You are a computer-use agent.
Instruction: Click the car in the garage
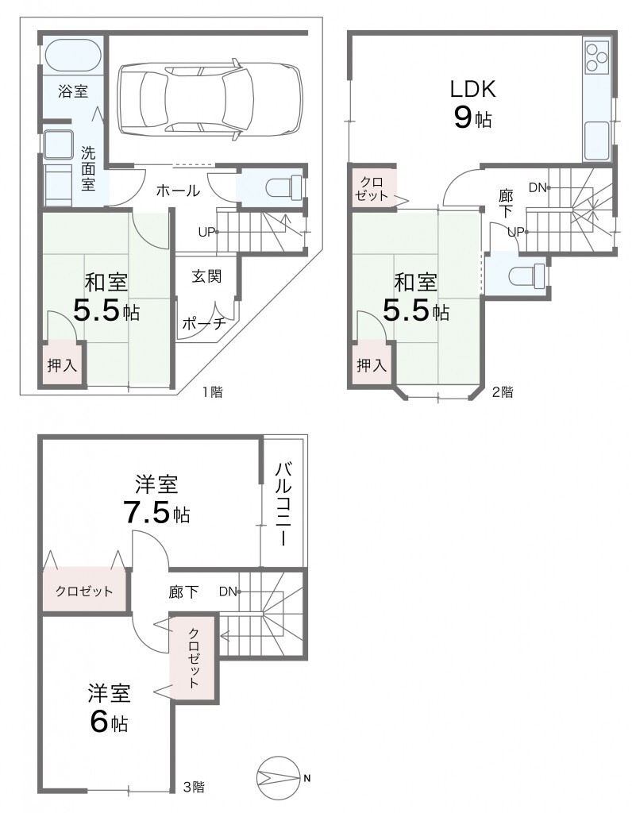click(210, 99)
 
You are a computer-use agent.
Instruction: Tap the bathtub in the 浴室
click(73, 56)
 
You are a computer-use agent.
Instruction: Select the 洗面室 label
click(88, 168)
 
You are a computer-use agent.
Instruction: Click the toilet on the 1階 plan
click(283, 187)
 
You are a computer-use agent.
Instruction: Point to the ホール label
click(178, 191)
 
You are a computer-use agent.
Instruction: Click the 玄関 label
click(206, 275)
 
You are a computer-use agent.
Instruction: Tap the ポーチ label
click(204, 323)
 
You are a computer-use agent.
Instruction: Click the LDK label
click(472, 89)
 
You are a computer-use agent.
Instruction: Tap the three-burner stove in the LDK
click(597, 57)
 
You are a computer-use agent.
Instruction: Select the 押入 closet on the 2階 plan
click(372, 364)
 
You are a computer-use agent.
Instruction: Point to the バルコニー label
click(283, 503)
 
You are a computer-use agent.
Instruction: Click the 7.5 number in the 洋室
click(146, 512)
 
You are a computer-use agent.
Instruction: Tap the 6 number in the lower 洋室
click(99, 722)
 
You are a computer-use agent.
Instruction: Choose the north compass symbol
click(279, 777)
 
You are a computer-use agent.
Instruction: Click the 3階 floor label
click(194, 787)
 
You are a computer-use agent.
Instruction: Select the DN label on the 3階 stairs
click(228, 591)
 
